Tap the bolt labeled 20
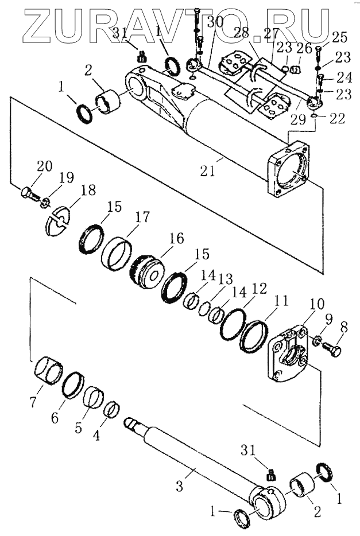(29, 195)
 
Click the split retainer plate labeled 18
(56, 220)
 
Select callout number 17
(143, 217)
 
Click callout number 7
(34, 402)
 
